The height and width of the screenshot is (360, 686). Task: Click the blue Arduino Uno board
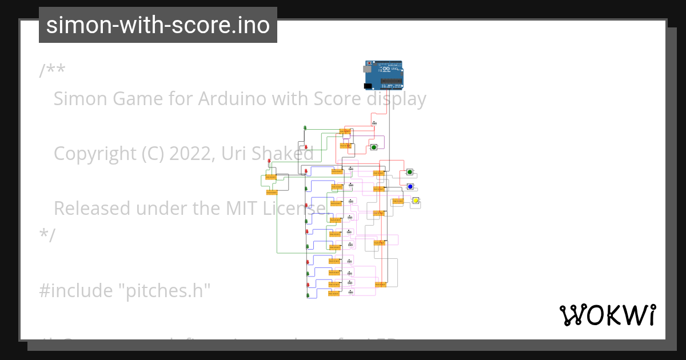pyautogui.click(x=384, y=75)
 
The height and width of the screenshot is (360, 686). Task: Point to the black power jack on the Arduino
pyautogui.click(x=368, y=86)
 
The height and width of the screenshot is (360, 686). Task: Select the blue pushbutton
pyautogui.click(x=410, y=187)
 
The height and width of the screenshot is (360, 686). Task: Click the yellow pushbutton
pyautogui.click(x=416, y=200)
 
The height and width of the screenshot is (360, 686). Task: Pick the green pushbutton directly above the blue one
pyautogui.click(x=410, y=172)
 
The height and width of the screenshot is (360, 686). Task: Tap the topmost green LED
pyautogui.click(x=305, y=128)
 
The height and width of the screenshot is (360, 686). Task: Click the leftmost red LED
pyautogui.click(x=269, y=161)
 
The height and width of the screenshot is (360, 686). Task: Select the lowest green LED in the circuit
pyautogui.click(x=308, y=295)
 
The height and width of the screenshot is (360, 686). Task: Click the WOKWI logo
pyautogui.click(x=607, y=315)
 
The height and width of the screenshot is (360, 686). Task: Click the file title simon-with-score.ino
pyautogui.click(x=158, y=25)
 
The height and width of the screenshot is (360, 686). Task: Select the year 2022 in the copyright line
pyautogui.click(x=191, y=154)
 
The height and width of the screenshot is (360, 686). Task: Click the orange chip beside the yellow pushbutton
pyautogui.click(x=398, y=201)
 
